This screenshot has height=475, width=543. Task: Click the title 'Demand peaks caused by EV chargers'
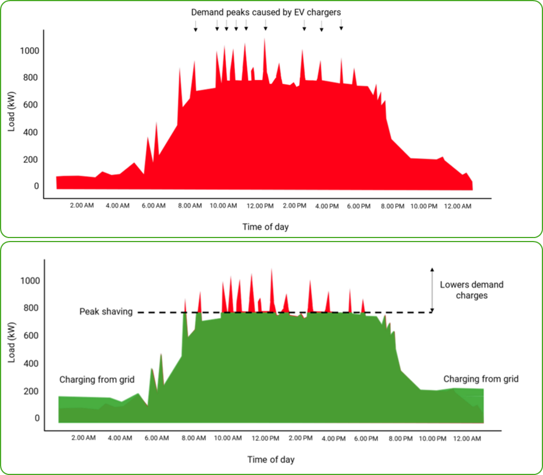[267, 12]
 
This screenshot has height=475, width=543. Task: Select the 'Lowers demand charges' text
[471, 290]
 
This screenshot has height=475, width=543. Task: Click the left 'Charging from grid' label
[96, 380]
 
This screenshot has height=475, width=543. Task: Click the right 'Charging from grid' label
[481, 379]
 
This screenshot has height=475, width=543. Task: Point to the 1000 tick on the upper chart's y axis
[29, 51]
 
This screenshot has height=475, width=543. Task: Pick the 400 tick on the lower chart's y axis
[32, 363]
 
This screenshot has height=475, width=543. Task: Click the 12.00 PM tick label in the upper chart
[265, 206]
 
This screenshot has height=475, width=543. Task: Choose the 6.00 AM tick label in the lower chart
[156, 438]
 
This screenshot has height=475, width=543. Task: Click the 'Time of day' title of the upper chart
[265, 227]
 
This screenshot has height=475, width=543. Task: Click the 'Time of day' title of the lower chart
[270, 460]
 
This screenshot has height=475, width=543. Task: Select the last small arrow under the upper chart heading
[341, 25]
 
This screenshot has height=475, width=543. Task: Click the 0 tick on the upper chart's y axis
[36, 186]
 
